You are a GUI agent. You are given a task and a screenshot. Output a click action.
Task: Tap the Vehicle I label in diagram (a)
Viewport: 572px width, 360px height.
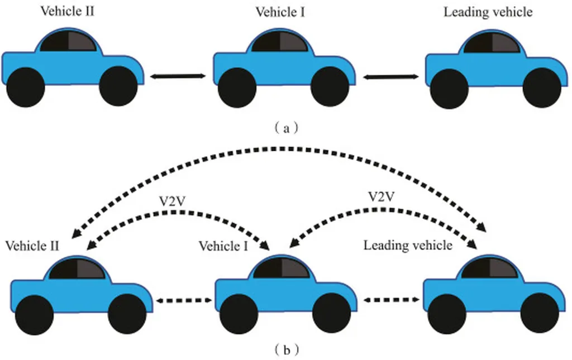click(280, 12)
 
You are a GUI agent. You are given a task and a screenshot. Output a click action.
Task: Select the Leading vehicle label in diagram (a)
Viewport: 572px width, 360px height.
click(488, 12)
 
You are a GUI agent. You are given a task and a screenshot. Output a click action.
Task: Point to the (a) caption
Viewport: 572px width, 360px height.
click(287, 128)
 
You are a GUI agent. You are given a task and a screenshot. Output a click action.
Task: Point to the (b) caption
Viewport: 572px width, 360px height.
click(287, 350)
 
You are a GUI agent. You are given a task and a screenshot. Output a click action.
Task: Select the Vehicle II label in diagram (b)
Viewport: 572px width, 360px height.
click(32, 246)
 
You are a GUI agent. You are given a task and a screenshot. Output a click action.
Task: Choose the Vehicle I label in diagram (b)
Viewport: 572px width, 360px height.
click(223, 246)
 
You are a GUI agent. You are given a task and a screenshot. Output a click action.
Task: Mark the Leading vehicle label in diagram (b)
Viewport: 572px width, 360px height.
click(408, 245)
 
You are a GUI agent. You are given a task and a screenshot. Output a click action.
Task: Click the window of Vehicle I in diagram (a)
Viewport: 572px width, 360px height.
click(279, 42)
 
